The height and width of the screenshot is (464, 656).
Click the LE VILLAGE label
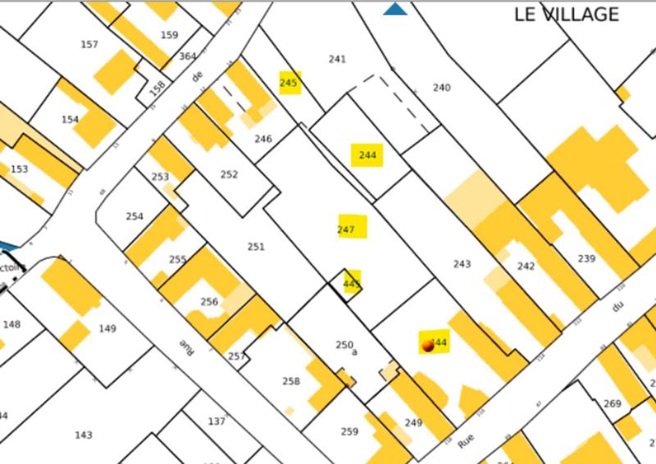pos(566,15)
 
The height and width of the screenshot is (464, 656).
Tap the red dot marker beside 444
pos(426,348)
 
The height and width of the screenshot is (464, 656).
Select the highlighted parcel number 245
pos(289,83)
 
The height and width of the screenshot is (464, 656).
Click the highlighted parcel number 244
pos(367,155)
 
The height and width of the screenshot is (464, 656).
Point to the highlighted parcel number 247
pos(346,230)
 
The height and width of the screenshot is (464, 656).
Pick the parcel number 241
pos(337,59)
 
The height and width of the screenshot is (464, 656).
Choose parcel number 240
pos(442,88)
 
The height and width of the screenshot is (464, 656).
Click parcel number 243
pos(462,264)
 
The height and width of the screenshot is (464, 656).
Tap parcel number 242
pos(526,266)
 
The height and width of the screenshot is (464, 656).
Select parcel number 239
pos(586,259)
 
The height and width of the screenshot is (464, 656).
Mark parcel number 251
pos(256,247)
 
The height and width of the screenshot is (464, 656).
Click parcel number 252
pos(230,175)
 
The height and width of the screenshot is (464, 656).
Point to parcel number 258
pos(291,381)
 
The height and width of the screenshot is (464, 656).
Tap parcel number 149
pos(107,329)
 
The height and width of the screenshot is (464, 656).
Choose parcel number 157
pos(89,45)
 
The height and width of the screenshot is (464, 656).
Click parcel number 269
pos(612,403)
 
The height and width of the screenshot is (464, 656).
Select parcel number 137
pos(216,421)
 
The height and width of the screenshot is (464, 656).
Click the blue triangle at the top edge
pos(396,9)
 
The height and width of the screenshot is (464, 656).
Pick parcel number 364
pos(188,56)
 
